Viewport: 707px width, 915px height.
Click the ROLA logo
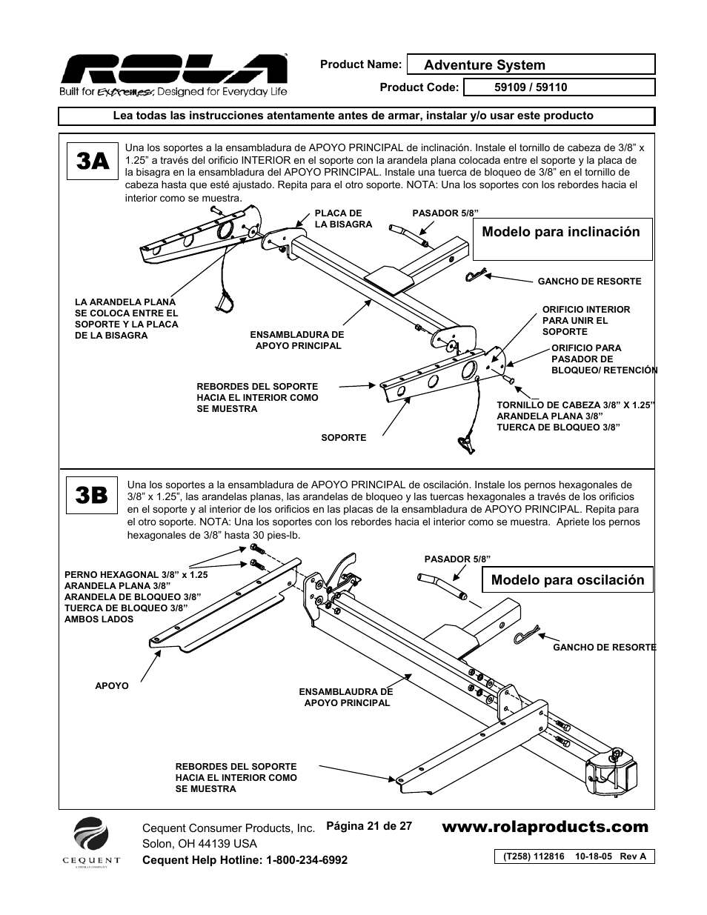pyautogui.click(x=173, y=75)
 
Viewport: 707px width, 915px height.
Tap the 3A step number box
pyautogui.click(x=93, y=161)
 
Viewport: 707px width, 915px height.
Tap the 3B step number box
pyautogui.click(x=91, y=496)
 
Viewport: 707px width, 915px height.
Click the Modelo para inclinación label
pyautogui.click(x=561, y=232)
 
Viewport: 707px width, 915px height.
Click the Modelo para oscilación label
pyautogui.click(x=568, y=580)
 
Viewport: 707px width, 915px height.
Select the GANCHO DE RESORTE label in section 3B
pyautogui.click(x=605, y=647)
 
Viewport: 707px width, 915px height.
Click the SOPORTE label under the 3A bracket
pyautogui.click(x=344, y=437)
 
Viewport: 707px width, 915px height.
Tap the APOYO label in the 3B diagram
pyautogui.click(x=112, y=686)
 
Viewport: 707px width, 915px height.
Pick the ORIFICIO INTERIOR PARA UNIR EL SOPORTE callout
pyautogui.click(x=586, y=320)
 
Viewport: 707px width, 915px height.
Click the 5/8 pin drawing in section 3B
pyautogui.click(x=442, y=588)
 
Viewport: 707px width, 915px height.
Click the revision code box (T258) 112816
pyautogui.click(x=574, y=856)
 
